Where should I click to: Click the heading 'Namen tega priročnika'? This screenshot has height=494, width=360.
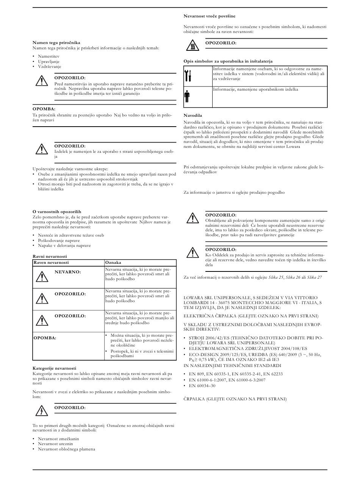pos(56,43)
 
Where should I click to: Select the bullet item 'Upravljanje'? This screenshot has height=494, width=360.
pos(49,61)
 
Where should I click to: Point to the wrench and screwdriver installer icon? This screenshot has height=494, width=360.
pos(188,75)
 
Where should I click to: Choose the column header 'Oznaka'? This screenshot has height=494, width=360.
pos(113,262)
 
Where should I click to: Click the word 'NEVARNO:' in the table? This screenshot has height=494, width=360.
pos(67,272)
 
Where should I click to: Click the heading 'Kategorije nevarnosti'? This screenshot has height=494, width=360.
pos(54,368)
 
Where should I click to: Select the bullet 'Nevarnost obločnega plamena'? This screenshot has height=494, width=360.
pos(66,449)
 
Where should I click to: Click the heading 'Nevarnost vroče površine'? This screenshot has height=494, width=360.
pos(209,16)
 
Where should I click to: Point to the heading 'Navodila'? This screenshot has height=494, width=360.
pos(193,115)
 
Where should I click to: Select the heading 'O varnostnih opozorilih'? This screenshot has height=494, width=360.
pos(57,212)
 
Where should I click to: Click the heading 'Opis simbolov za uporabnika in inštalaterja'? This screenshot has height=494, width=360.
pos(228,61)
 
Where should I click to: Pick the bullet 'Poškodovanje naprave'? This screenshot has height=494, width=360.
pos(59,240)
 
